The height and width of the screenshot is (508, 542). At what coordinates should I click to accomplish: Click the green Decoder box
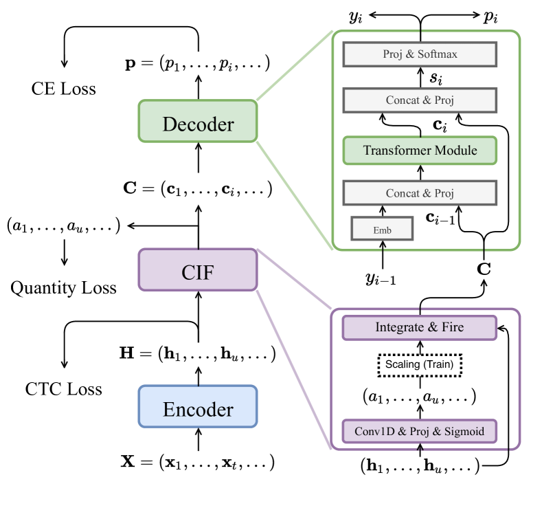click(x=198, y=124)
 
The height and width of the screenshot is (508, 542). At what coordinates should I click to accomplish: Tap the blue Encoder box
click(x=198, y=410)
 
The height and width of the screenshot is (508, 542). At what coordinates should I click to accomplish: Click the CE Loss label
click(x=63, y=89)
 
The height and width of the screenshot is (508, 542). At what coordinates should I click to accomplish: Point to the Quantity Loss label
click(x=63, y=287)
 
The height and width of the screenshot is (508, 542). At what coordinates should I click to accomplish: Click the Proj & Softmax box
click(x=419, y=54)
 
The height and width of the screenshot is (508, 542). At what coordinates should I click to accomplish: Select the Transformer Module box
click(x=419, y=150)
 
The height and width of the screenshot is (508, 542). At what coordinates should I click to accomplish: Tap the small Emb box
click(x=383, y=230)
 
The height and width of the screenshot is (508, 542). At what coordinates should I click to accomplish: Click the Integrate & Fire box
click(x=419, y=327)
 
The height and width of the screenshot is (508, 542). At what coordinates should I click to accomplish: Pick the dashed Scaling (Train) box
click(x=419, y=364)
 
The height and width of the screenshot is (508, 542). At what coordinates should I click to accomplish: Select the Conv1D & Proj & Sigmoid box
click(x=419, y=431)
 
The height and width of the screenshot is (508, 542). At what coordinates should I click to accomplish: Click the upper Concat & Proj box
click(x=419, y=100)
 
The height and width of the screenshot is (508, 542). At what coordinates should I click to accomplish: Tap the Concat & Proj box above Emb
click(x=419, y=193)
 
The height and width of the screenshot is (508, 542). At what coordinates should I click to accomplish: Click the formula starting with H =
click(x=198, y=355)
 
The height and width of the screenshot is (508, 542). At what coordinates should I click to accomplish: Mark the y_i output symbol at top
click(x=356, y=18)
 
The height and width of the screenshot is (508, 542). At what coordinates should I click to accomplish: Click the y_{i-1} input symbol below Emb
click(x=381, y=278)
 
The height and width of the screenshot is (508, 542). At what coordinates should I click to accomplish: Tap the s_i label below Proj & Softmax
click(x=436, y=77)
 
